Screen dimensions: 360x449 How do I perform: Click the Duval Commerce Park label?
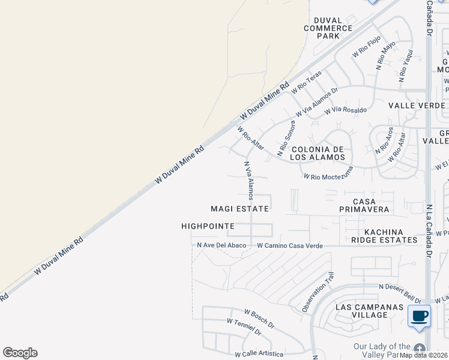point(328,28)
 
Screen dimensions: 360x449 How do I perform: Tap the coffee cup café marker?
point(419,316)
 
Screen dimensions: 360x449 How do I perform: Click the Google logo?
point(20,352)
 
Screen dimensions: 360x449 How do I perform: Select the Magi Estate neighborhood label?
point(239,209)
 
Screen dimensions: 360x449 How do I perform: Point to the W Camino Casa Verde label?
point(290,246)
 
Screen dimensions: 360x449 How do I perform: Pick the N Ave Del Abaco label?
point(221,245)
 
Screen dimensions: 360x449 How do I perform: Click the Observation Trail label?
point(318,292)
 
